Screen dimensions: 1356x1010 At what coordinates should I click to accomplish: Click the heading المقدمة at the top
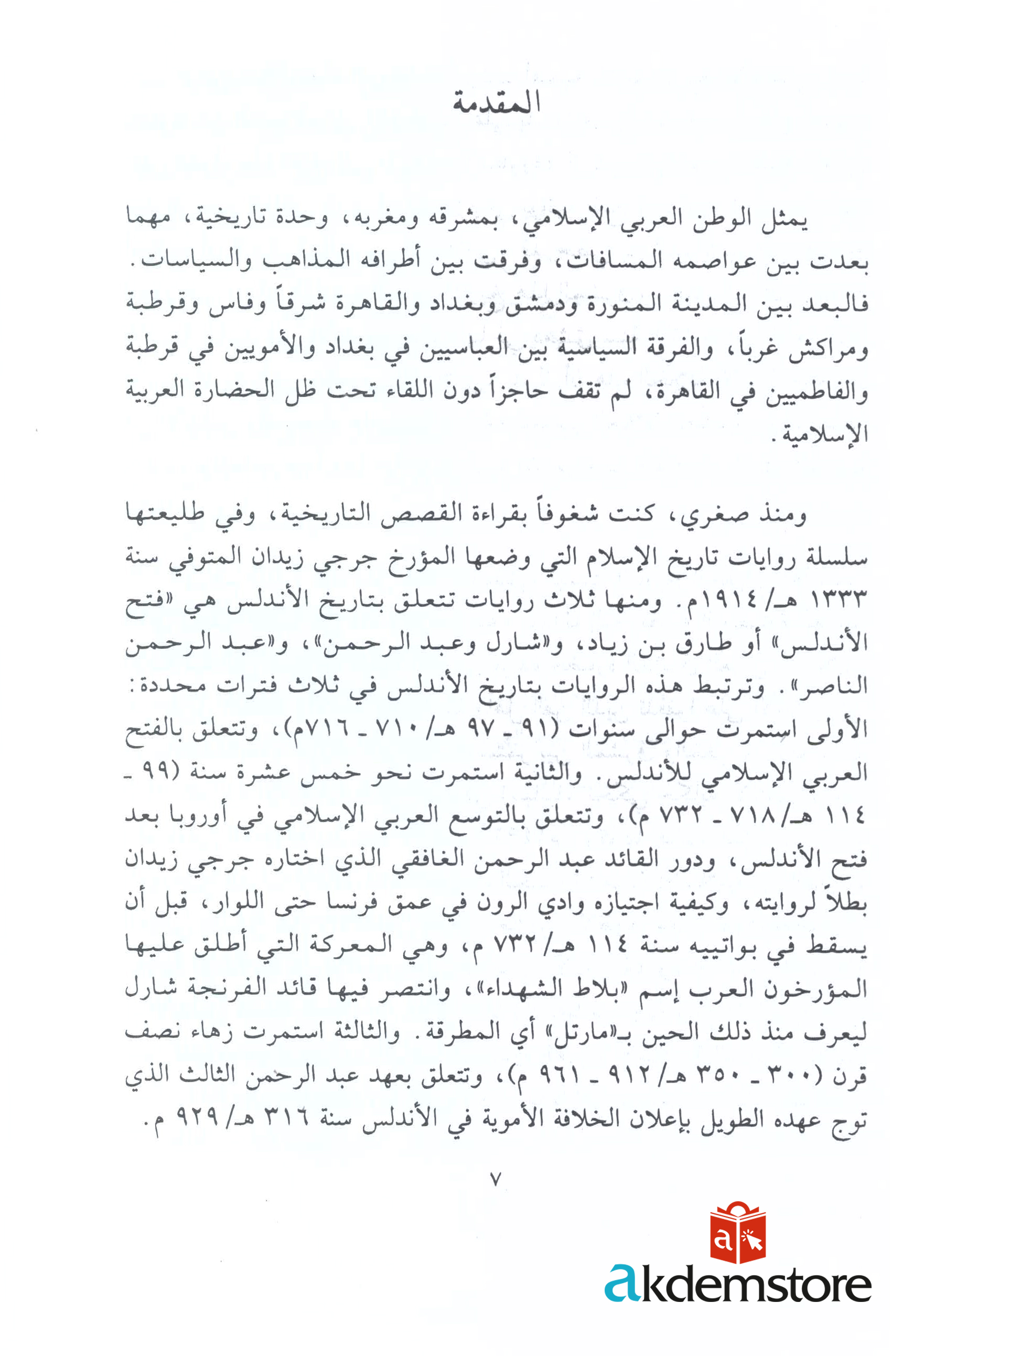(497, 103)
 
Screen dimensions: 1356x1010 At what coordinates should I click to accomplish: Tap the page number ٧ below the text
(496, 1179)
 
